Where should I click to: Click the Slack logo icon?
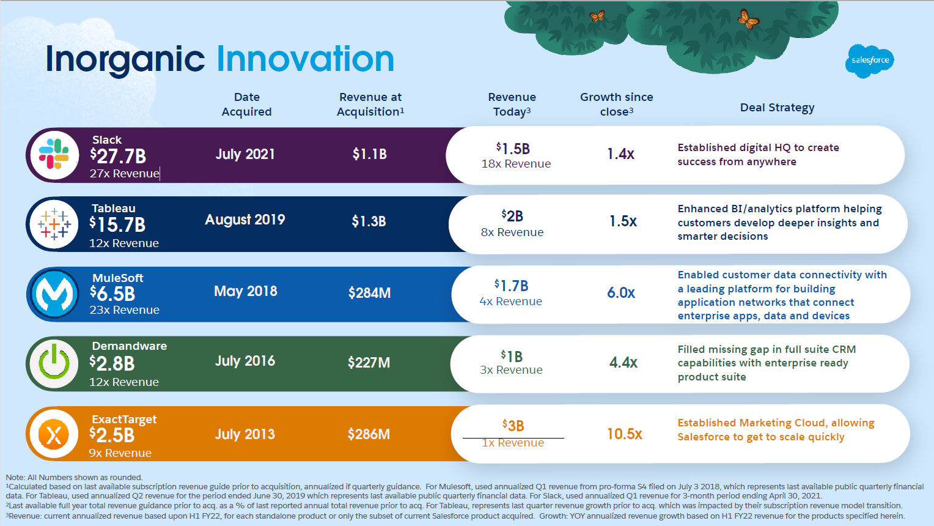pos(54,155)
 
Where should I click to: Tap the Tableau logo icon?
pos(54,224)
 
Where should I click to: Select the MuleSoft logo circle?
pos(54,294)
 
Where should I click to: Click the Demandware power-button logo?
pos(54,363)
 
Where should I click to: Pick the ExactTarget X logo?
pos(54,434)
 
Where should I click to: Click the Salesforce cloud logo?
pos(870,61)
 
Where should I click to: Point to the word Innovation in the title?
pos(305,59)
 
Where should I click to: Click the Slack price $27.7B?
pos(119,156)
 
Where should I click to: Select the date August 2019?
pos(245,220)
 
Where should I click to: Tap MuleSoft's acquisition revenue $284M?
pos(369,293)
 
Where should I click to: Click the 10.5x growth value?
pos(624,434)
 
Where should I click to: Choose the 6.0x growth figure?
pos(621,293)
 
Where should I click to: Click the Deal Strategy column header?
pos(777,108)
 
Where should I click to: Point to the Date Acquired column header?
pos(247,105)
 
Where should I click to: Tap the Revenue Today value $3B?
pos(513,426)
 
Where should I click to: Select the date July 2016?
pos(245,361)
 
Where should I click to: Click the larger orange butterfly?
pos(748,20)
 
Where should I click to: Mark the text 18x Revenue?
pos(516,164)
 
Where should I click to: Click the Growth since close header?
pos(616,105)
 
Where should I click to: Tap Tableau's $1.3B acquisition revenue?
pos(369,221)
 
